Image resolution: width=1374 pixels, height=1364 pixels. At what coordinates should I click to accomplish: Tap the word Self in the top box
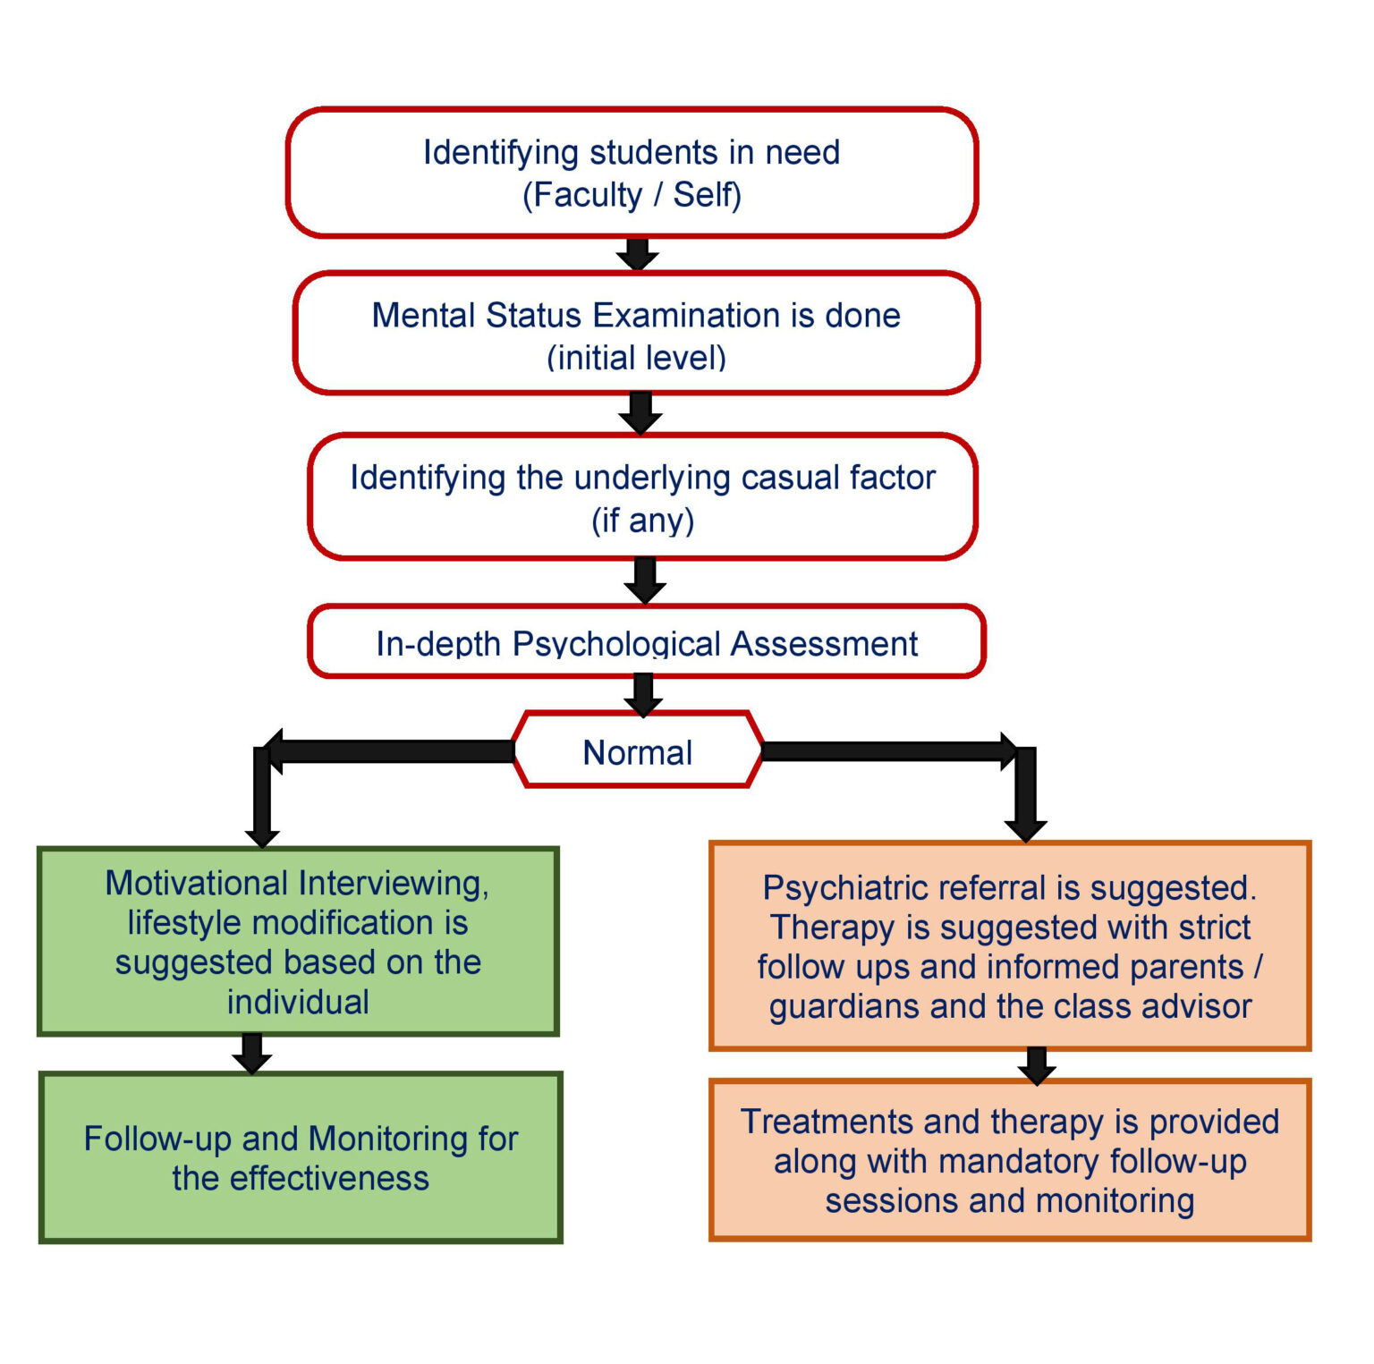click(x=702, y=195)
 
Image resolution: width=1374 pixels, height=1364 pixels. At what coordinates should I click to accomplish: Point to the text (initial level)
click(x=636, y=358)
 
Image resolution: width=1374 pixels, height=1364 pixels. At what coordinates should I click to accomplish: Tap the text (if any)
click(x=642, y=520)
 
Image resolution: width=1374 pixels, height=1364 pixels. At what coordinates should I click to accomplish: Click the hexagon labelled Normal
click(x=637, y=751)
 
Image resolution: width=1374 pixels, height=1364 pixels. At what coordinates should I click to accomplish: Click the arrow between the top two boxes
click(x=638, y=254)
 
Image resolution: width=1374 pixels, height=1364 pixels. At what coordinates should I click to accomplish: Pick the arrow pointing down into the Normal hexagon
click(x=643, y=694)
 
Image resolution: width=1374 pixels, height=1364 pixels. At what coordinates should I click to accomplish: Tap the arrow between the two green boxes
click(x=252, y=1053)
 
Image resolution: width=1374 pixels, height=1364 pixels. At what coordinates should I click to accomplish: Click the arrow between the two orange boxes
click(x=1037, y=1064)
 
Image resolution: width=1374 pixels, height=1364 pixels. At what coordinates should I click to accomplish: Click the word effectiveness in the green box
click(x=329, y=1179)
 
